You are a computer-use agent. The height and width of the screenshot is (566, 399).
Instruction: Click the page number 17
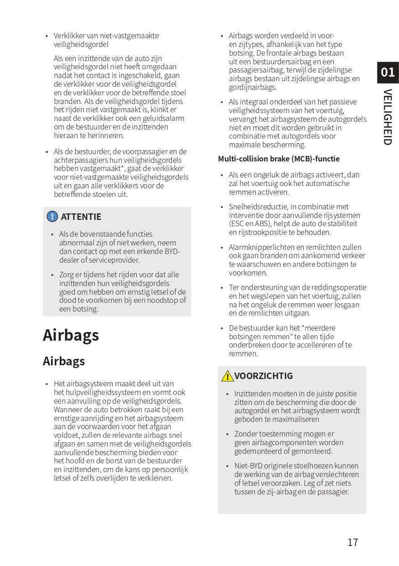point(352,542)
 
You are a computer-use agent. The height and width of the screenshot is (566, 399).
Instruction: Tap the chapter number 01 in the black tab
point(388,72)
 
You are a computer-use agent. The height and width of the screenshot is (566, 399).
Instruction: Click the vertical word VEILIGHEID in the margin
point(387,117)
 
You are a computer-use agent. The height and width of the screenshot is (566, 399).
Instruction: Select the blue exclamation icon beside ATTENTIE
point(52,217)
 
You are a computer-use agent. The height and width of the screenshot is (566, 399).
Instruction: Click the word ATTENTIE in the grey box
point(81,217)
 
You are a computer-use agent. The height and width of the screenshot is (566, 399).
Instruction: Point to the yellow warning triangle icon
point(227,376)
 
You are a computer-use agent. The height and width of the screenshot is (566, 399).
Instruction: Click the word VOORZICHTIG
point(264,376)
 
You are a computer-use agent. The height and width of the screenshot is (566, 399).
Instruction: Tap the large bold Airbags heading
point(71,335)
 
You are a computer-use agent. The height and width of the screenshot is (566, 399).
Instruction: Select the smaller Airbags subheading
point(64,361)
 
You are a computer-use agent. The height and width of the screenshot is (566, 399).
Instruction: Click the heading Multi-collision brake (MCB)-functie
point(279,159)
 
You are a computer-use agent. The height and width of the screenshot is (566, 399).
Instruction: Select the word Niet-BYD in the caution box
point(249,466)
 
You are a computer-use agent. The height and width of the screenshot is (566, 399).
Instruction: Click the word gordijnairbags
point(253,87)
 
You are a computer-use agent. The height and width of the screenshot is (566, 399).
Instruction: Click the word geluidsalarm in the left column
point(164,118)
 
